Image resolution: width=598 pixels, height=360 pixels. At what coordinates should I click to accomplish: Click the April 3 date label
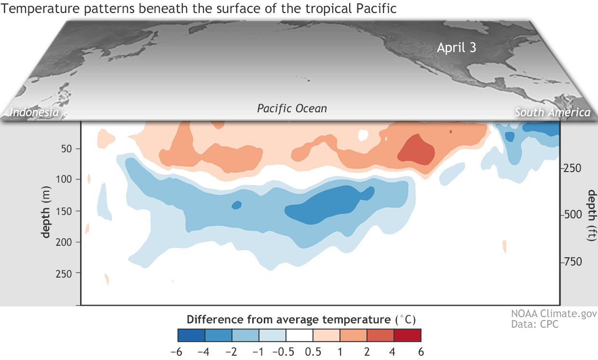point(456,48)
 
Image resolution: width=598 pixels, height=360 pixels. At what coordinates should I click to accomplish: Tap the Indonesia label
point(35,112)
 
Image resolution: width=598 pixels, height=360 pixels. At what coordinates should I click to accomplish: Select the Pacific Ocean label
point(292,108)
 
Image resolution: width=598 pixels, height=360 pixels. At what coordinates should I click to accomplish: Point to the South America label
point(552,112)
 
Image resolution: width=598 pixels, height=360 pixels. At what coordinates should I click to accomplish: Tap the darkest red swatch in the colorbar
point(408,335)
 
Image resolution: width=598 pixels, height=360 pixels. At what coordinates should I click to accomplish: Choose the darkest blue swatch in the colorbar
point(191,335)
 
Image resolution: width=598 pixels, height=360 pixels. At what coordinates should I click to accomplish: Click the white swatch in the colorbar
point(299,335)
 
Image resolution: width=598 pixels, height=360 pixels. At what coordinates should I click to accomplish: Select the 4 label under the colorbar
point(394,351)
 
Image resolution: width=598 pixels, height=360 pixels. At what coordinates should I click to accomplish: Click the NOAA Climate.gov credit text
point(554,314)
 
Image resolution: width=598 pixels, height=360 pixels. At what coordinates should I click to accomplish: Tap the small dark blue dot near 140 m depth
point(236,205)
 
